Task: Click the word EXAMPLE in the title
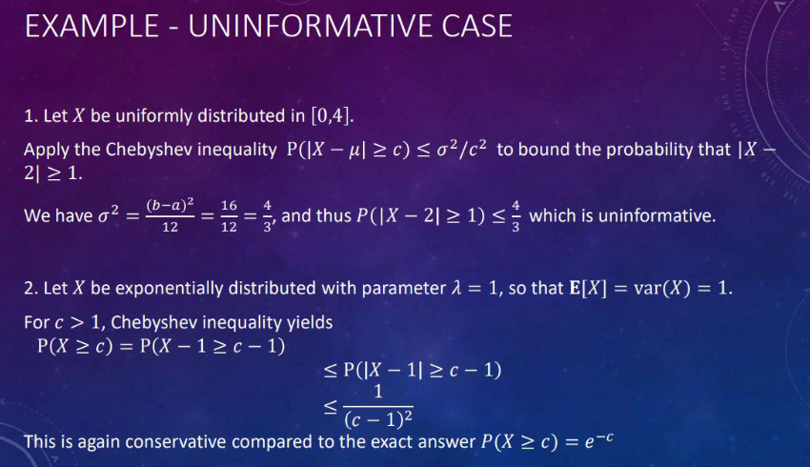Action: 91,27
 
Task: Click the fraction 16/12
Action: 229,216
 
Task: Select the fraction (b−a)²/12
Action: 170,215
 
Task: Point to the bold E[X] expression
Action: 588,288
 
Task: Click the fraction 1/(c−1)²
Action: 378,406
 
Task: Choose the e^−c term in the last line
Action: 598,440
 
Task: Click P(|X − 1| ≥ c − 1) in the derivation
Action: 422,370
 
